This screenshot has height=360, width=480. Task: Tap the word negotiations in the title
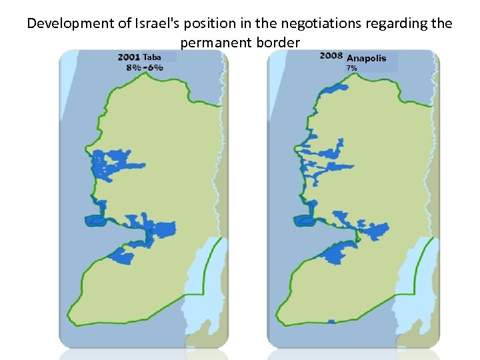pos(297,24)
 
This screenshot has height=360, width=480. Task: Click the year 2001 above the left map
pos(129,57)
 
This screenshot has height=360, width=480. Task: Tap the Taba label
pos(153,57)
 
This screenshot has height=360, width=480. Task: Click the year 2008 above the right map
pos(331,55)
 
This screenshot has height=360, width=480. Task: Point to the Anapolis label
pos(366,58)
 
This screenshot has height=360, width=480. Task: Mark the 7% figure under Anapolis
pos(351,68)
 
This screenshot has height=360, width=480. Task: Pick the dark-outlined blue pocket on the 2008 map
pos(303,219)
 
